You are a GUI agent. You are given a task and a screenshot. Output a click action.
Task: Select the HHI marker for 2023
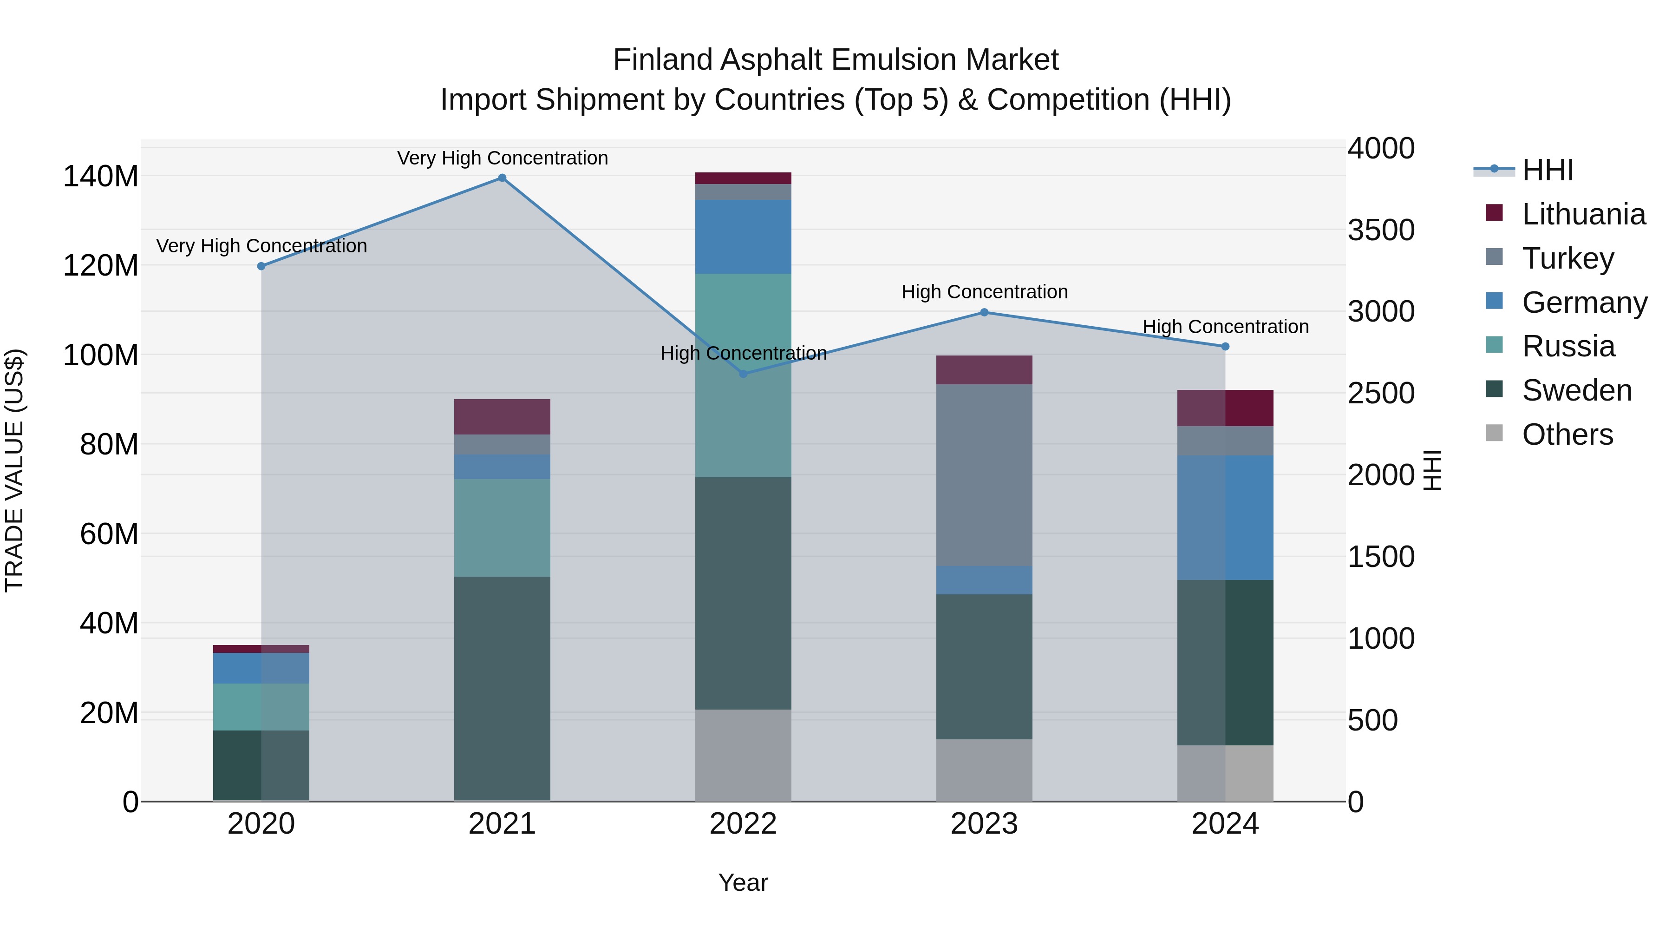(x=984, y=312)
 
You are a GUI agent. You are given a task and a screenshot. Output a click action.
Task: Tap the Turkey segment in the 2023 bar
(x=984, y=475)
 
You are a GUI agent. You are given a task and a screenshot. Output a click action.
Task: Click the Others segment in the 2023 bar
(x=984, y=770)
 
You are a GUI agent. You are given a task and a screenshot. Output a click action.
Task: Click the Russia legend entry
(x=1567, y=346)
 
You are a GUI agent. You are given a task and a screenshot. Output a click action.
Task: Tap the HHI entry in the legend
(x=1548, y=170)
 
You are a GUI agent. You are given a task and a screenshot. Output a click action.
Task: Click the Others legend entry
(x=1567, y=434)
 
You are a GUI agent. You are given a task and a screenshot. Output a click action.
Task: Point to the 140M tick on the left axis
(x=101, y=177)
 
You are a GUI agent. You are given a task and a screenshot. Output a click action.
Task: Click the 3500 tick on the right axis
(x=1381, y=230)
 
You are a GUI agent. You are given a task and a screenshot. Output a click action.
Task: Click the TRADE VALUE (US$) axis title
(x=14, y=470)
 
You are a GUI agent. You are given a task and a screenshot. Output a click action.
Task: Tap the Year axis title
(x=743, y=882)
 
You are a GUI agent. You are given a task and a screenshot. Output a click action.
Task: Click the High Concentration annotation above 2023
(x=984, y=292)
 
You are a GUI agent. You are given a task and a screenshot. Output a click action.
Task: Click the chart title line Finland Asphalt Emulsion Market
(x=836, y=60)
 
